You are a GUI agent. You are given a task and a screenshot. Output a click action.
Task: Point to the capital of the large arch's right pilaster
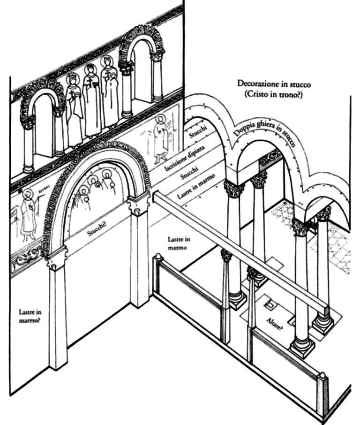coord(138,203)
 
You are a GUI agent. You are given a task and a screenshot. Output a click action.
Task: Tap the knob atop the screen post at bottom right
coord(322,375)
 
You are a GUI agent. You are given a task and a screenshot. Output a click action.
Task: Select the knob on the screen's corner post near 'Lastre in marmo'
coord(158,258)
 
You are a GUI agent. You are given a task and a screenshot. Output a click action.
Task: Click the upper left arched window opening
coord(44,127)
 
